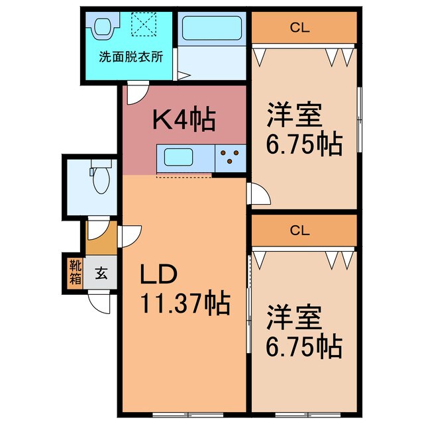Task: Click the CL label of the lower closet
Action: [x=300, y=231]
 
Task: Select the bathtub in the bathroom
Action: [x=212, y=28]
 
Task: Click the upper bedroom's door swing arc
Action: [x=260, y=193]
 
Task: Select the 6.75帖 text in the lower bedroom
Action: [x=305, y=346]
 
